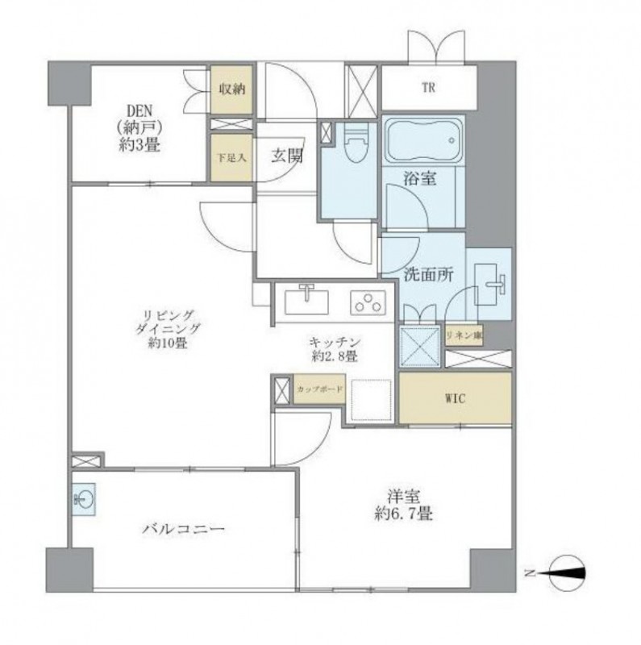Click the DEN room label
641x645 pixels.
click(139, 128)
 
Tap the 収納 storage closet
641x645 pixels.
click(231, 89)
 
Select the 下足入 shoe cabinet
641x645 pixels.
click(231, 157)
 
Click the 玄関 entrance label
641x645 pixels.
click(287, 156)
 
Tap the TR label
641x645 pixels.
click(428, 88)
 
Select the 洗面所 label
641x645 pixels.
click(429, 274)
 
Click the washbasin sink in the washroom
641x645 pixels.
click(490, 285)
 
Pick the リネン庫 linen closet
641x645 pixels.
click(464, 335)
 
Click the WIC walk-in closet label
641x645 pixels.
click(455, 398)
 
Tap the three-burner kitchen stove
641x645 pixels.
click(368, 303)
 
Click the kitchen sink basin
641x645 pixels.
click(306, 301)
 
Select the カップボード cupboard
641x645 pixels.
click(319, 389)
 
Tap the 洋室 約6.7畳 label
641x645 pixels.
click(403, 506)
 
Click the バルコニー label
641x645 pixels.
click(184, 529)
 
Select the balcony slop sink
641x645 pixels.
click(84, 499)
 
